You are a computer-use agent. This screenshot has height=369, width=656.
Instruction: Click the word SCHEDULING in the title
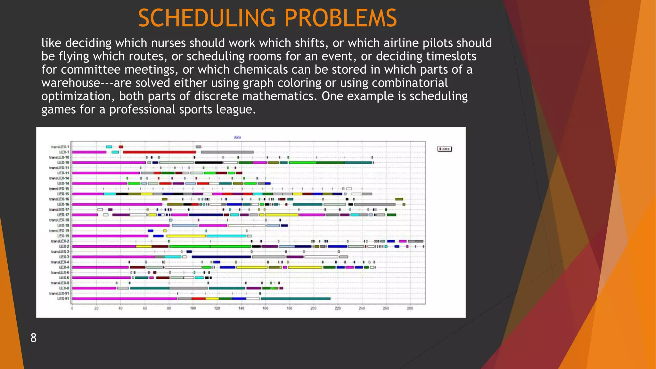tap(207, 18)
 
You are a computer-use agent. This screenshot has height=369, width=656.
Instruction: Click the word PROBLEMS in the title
tap(340, 18)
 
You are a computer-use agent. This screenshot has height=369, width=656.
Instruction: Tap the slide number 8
tap(34, 338)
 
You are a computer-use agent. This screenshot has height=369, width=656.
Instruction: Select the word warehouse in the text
tap(71, 83)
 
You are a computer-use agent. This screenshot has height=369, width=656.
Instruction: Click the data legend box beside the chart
tap(445, 149)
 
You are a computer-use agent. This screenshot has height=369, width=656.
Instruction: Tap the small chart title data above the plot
tap(237, 137)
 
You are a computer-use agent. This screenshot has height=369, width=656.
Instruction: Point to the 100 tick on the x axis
tap(193, 308)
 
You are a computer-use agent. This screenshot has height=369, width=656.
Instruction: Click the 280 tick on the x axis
tap(410, 308)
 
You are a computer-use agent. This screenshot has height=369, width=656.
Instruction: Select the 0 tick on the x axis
tap(72, 308)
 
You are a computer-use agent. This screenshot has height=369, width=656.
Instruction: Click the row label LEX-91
tap(63, 299)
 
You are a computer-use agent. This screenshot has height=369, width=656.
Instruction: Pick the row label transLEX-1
tap(60, 147)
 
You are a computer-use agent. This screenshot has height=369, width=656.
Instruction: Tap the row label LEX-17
tap(63, 215)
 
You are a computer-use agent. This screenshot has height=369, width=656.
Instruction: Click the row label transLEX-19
tap(59, 231)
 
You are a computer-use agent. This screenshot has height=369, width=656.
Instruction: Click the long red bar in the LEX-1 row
tap(159, 152)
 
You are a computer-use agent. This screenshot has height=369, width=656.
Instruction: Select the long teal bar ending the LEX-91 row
tap(295, 299)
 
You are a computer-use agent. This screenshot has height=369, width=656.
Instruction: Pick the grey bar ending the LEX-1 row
tap(227, 152)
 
